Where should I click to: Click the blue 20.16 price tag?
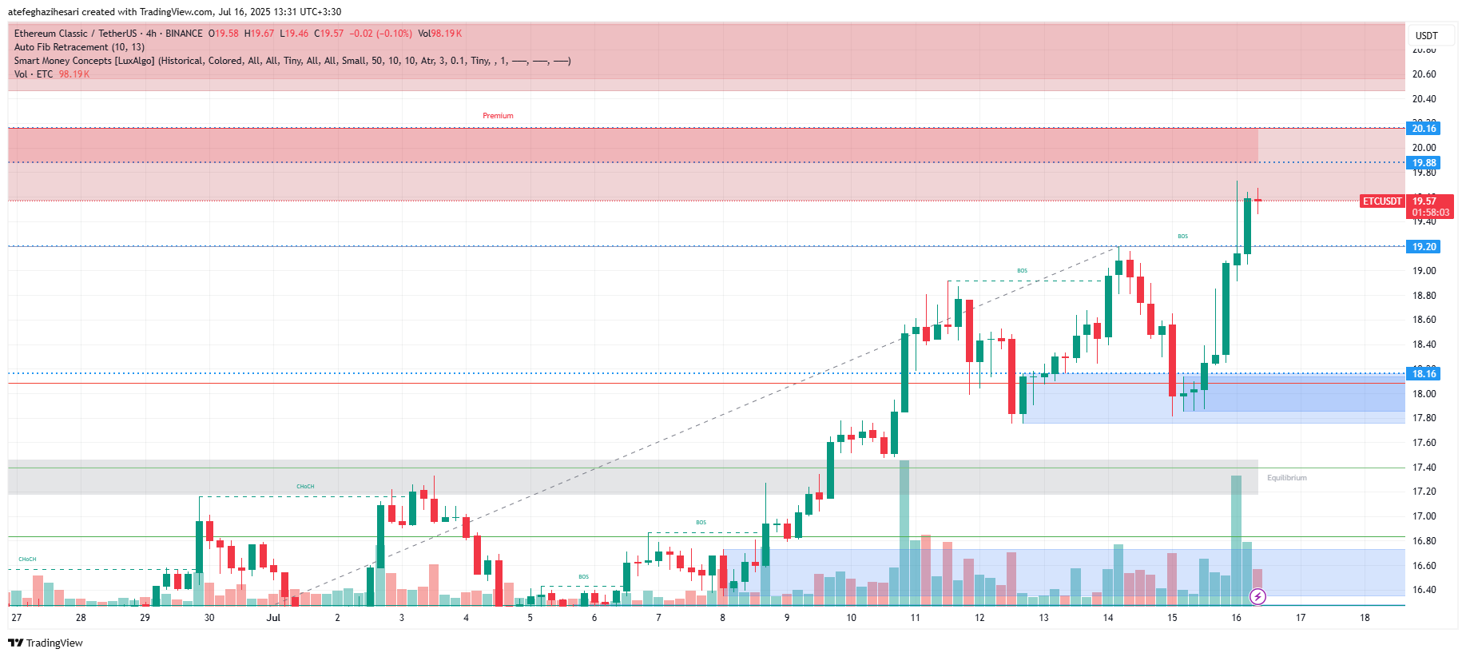pos(1424,129)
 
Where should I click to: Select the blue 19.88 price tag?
pos(1424,163)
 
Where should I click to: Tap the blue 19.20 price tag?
pos(1424,247)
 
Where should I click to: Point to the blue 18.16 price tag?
pos(1424,374)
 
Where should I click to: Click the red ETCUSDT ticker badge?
pos(1382,201)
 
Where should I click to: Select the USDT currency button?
pos(1426,36)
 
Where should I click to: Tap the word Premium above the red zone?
pos(498,116)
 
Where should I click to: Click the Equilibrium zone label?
pos(1286,478)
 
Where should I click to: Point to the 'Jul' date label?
pos(273,618)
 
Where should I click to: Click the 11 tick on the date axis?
pos(915,618)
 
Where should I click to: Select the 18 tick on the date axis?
pos(1365,618)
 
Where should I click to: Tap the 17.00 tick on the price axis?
pos(1424,516)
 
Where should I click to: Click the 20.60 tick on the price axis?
pos(1424,74)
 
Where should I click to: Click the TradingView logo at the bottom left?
pos(46,643)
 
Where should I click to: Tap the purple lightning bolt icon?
pos(1257,596)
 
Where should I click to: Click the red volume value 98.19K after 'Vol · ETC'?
pos(74,74)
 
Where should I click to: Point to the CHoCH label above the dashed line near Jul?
pos(305,487)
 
